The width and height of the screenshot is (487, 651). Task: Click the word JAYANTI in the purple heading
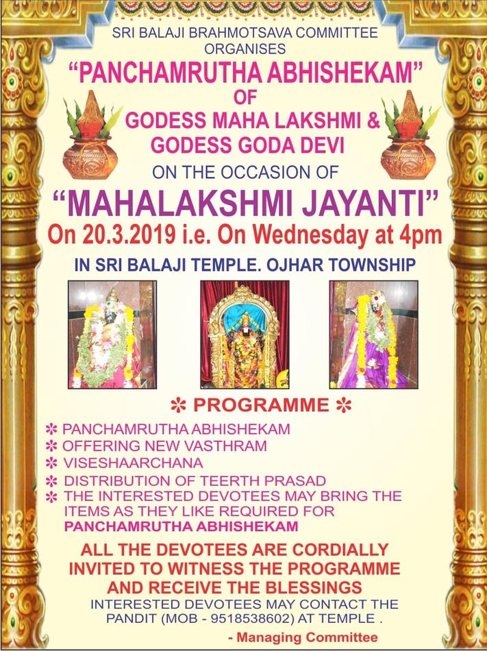[364, 204]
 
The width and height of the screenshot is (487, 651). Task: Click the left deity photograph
[112, 334]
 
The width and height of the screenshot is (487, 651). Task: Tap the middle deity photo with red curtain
[245, 334]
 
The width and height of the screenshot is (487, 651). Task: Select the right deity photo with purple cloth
[373, 334]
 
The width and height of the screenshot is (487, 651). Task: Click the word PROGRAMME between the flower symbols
[261, 405]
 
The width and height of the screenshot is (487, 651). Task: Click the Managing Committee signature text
[303, 637]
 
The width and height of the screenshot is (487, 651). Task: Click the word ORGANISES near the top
[245, 49]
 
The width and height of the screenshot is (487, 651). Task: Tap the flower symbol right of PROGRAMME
[344, 405]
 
